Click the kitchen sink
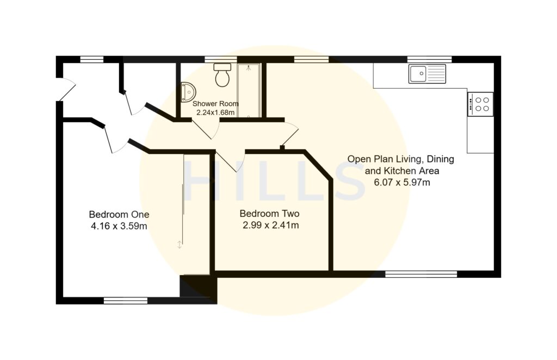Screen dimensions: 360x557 pyautogui.click(x=427, y=73)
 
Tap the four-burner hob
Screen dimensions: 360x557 pyautogui.click(x=480, y=104)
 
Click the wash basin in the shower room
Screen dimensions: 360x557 pyautogui.click(x=187, y=92)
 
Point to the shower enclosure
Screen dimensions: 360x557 pyautogui.click(x=249, y=90)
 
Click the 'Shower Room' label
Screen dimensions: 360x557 pyautogui.click(x=216, y=103)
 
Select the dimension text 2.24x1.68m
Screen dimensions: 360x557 pyautogui.click(x=216, y=113)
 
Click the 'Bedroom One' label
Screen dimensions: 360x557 pyautogui.click(x=119, y=214)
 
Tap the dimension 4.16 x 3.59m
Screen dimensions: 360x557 pyautogui.click(x=119, y=225)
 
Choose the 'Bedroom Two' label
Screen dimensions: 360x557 pyautogui.click(x=270, y=214)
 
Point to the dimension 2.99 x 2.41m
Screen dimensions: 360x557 pyautogui.click(x=270, y=225)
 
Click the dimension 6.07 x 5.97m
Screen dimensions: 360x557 pyautogui.click(x=402, y=182)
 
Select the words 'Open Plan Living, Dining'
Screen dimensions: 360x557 pyautogui.click(x=401, y=159)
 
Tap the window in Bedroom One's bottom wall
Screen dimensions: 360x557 pyautogui.click(x=126, y=300)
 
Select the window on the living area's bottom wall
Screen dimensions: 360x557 pyautogui.click(x=421, y=274)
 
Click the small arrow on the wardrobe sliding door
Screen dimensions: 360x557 pyautogui.click(x=180, y=245)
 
